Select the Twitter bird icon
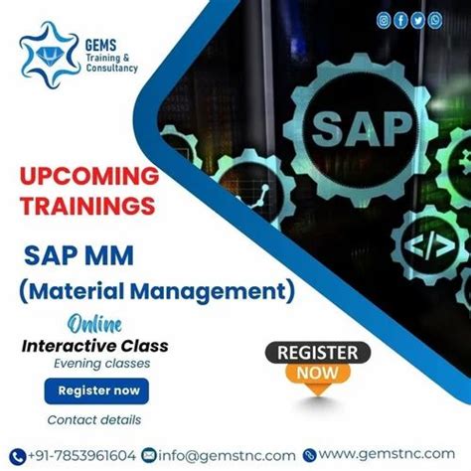click(x=418, y=19)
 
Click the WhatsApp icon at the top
click(x=435, y=19)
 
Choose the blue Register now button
click(x=98, y=392)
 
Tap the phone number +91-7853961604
click(x=79, y=453)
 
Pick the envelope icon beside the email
click(x=150, y=453)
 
